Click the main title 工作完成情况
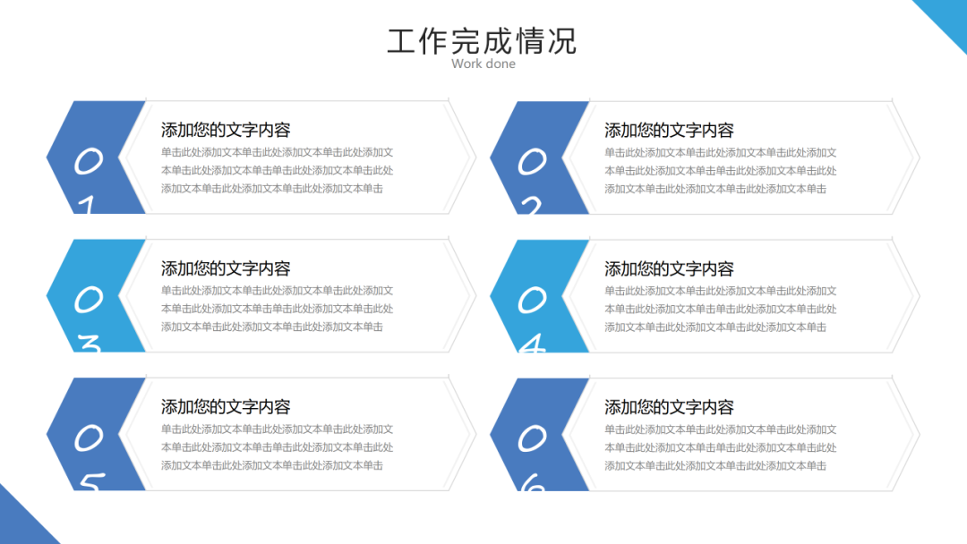482,41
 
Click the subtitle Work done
483,64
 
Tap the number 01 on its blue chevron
88,179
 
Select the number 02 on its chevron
532,179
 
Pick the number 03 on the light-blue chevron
88,317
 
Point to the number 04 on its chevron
532,317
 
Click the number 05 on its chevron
88,455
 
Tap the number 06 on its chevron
532,455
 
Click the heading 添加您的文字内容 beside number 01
226,131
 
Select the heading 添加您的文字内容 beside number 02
669,131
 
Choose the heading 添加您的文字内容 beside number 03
226,268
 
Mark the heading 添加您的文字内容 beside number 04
669,268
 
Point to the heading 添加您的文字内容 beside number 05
226,407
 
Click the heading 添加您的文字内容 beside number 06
669,407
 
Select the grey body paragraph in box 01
277,171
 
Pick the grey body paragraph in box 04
720,309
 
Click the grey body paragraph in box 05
277,447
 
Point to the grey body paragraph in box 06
720,447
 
